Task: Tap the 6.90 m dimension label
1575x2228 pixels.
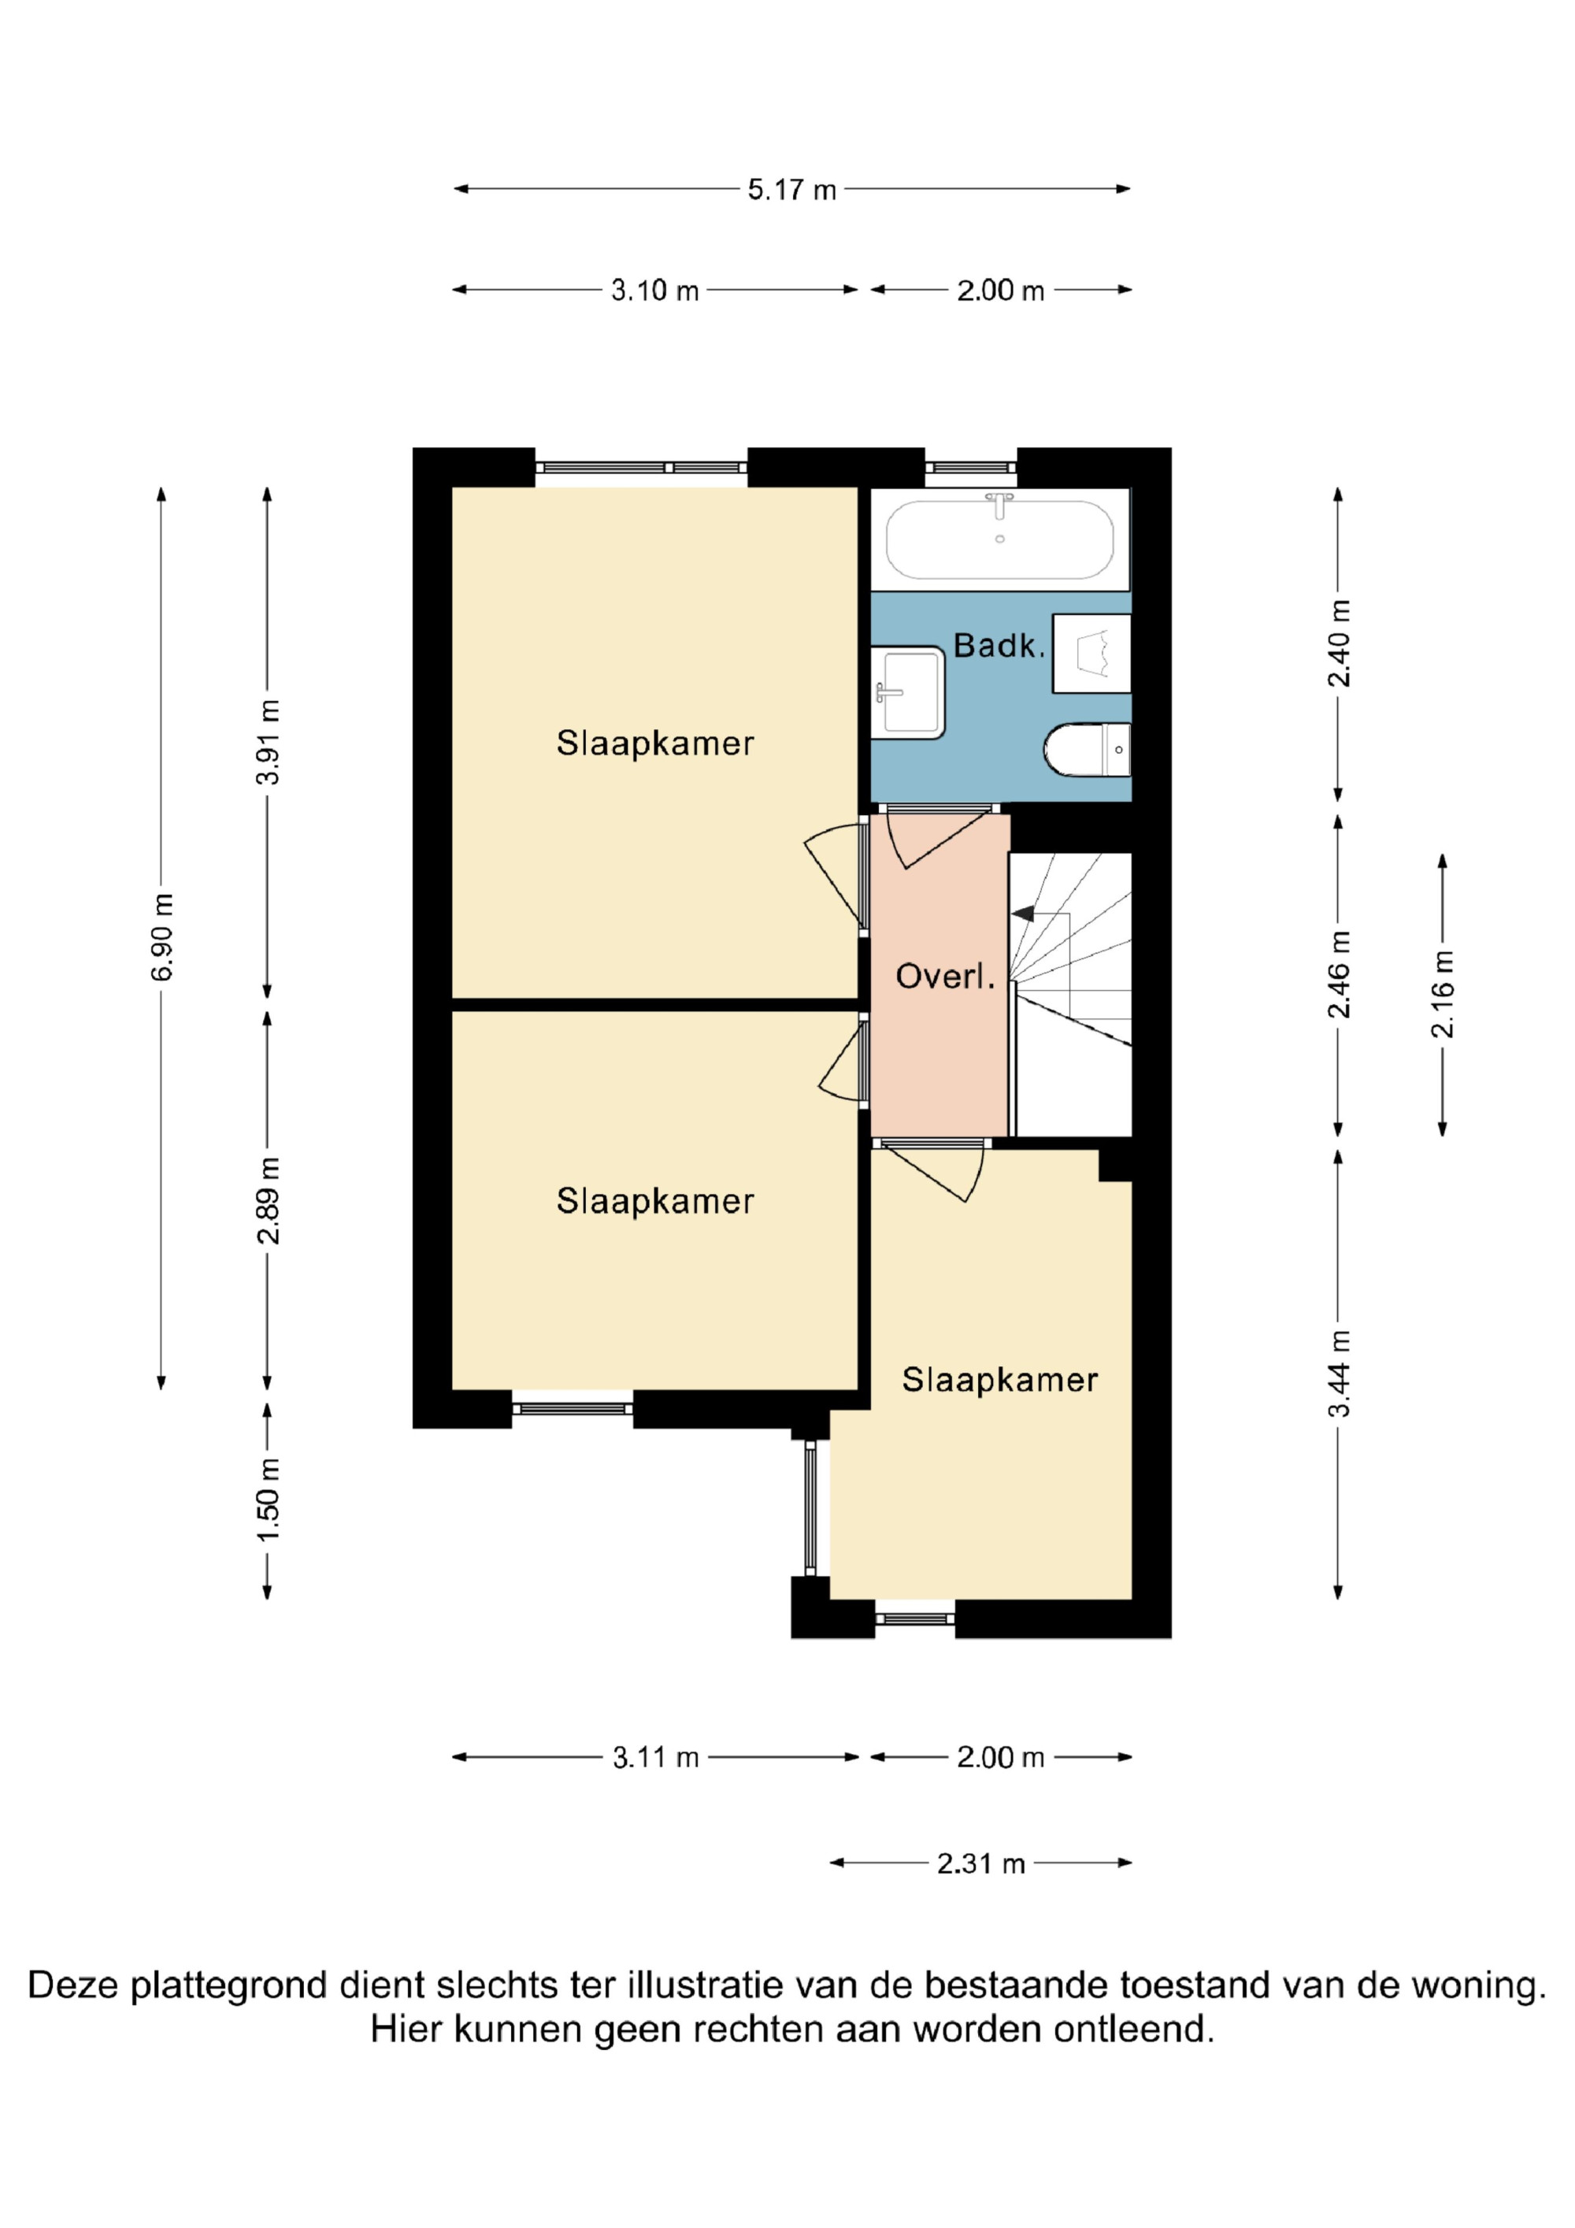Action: (162, 936)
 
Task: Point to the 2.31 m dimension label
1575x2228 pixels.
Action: (980, 1864)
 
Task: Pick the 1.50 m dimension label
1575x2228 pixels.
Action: (268, 1500)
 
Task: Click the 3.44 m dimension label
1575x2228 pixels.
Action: (1340, 1373)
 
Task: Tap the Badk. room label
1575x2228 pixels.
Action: (999, 645)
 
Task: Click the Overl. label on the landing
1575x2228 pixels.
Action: (945, 977)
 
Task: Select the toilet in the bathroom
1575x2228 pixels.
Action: (1088, 749)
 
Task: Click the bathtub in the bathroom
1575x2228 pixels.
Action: (999, 539)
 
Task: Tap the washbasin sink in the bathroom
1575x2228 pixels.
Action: (908, 692)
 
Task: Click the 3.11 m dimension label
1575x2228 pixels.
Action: (656, 1757)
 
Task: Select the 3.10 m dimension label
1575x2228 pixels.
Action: (655, 290)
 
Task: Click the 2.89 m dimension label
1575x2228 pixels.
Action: (268, 1200)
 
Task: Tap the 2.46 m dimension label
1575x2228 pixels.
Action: (1340, 974)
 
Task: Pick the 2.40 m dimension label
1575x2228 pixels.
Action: (1340, 643)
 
